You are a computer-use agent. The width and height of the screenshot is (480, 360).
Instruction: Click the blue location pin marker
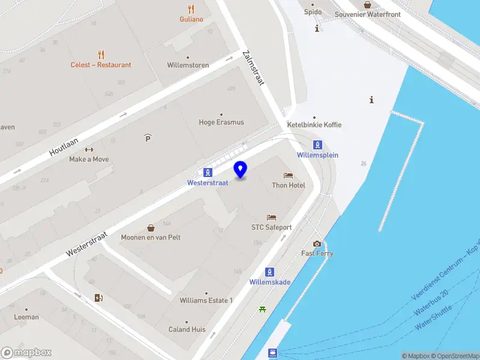click(x=241, y=169)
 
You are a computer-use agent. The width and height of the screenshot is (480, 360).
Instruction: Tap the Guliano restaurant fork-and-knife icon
click(x=191, y=9)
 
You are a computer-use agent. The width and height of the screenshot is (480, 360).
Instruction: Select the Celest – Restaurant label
click(x=101, y=65)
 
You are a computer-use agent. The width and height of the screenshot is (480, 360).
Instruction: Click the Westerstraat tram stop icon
click(x=207, y=172)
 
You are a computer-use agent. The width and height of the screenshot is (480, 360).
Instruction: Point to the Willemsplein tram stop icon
click(x=317, y=145)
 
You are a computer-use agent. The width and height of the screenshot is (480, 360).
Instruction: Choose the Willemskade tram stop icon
click(x=270, y=272)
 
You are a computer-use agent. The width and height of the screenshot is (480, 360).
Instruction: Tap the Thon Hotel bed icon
click(x=289, y=175)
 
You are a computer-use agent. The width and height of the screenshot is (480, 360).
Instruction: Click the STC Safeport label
click(x=271, y=227)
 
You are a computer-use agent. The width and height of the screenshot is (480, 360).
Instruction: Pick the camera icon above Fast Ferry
click(x=317, y=244)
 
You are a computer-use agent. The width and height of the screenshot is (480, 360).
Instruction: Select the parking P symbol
click(x=148, y=138)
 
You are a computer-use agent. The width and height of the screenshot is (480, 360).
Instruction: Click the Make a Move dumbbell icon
click(x=89, y=149)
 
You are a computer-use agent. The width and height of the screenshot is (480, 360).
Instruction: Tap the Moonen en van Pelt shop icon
click(x=151, y=227)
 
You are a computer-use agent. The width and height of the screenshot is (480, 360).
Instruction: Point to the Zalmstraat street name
click(x=253, y=67)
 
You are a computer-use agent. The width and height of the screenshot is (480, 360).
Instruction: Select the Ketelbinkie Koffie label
click(x=314, y=125)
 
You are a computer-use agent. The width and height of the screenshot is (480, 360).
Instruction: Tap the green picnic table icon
click(x=262, y=310)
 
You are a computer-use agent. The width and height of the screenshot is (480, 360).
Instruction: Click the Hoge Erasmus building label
click(x=221, y=122)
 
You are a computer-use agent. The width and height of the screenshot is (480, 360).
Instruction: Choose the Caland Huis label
click(x=187, y=329)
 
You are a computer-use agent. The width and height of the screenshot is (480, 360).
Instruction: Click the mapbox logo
click(x=26, y=352)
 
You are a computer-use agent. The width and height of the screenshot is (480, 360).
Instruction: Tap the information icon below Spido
click(x=317, y=28)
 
